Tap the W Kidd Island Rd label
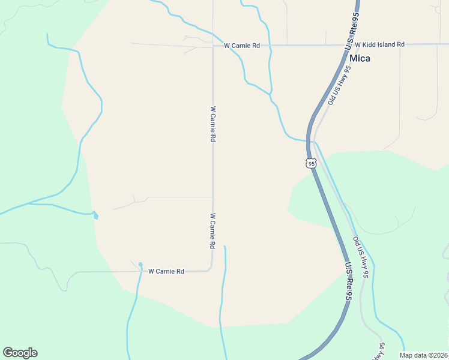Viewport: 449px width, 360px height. (379, 45)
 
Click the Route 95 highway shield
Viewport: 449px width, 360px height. (310, 163)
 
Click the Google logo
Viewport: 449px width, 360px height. (20, 353)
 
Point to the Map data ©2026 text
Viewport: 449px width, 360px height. (423, 355)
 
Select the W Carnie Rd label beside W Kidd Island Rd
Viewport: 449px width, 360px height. (241, 46)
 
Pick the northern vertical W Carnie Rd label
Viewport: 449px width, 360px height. (212, 124)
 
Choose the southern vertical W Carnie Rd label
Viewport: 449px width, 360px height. (212, 231)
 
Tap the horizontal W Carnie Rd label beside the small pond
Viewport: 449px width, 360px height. (166, 271)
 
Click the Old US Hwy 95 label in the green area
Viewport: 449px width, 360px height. (360, 258)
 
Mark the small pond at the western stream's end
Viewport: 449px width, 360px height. (95, 215)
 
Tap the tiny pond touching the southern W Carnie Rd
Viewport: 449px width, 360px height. (140, 265)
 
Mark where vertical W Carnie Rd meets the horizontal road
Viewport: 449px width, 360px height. (213, 45)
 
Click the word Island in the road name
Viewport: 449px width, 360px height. (384, 45)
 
